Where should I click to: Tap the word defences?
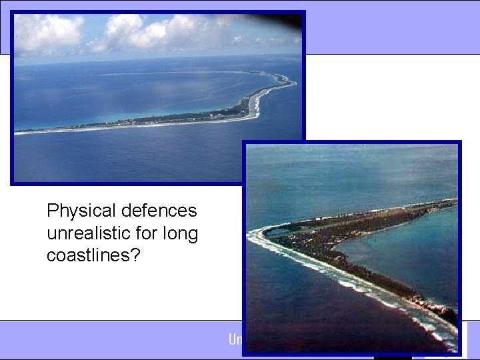pos(160,211)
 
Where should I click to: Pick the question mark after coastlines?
pos(135,255)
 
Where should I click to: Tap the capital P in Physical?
pos(53,211)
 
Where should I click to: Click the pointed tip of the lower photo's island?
pos(254,233)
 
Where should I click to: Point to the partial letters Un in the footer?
pos(235,339)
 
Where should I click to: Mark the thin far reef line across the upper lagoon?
pos(167,73)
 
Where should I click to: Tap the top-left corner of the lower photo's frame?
pos(243,143)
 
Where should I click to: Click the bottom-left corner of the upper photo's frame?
pos(13,183)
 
